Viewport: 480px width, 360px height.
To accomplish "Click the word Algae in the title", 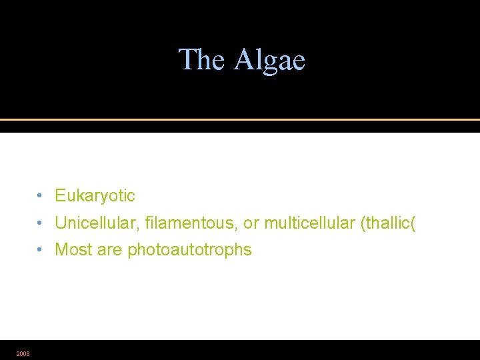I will [269, 60].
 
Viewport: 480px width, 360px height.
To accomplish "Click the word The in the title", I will [203, 59].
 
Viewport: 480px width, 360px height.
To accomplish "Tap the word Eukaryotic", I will [95, 196].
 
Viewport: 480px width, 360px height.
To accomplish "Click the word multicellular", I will [309, 223].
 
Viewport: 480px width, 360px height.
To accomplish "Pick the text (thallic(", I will [388, 223].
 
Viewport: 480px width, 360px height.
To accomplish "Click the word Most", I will [72, 250].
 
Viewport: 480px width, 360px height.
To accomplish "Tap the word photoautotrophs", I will [189, 250].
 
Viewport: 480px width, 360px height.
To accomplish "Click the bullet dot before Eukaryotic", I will [41, 196].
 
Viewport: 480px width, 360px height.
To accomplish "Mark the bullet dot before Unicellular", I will [41, 223].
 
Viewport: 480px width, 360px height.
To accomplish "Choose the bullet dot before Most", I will [41, 250].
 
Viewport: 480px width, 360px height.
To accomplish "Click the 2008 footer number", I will [23, 353].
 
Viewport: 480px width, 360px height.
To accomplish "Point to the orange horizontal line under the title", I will [240, 119].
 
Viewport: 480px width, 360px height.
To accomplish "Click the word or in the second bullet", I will [253, 223].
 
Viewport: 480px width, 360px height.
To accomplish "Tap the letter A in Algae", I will [243, 59].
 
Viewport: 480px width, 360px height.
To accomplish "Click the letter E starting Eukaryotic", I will [60, 196].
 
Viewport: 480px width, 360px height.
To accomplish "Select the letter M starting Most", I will [61, 250].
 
